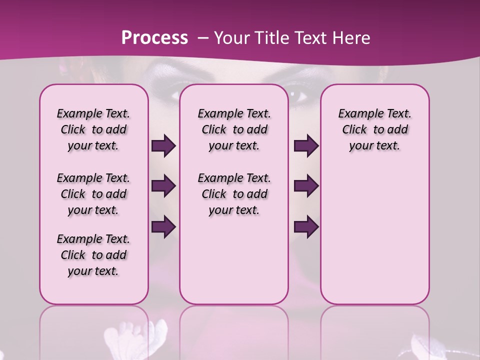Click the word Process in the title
pos(154,38)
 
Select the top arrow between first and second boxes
pos(163,145)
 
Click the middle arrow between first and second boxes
pos(163,186)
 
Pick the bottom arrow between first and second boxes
pos(163,227)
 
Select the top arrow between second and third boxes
pos(306,145)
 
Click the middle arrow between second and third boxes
pos(306,186)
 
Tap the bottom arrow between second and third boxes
pos(306,227)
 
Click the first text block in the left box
pos(93,129)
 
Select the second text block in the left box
pos(93,194)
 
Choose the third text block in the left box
pos(93,255)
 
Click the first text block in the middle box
pos(234,129)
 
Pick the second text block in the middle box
pos(234,194)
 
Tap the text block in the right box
pos(374,129)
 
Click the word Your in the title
pos(231,38)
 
